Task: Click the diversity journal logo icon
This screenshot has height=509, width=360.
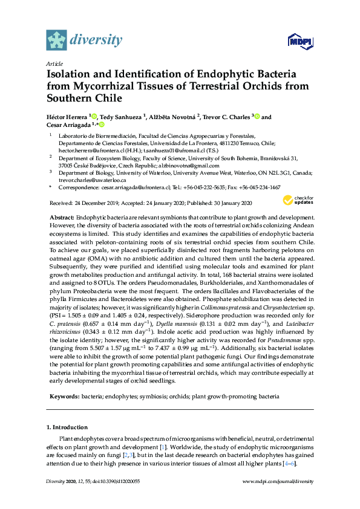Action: [57, 40]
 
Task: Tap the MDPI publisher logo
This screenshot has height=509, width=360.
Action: [301, 42]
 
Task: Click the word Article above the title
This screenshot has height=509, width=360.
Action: [53, 63]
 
